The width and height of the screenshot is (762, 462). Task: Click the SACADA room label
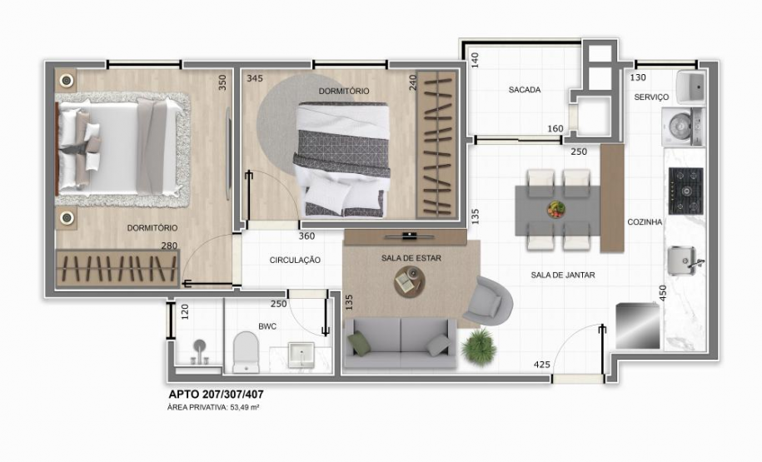tap(525, 90)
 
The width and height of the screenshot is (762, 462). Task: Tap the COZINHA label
tap(645, 222)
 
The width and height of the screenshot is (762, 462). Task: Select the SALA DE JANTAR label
tap(563, 275)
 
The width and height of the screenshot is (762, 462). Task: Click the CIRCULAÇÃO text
tap(295, 261)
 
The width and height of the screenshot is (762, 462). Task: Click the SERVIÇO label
tap(651, 97)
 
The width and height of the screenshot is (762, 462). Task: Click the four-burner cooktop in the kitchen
tap(687, 191)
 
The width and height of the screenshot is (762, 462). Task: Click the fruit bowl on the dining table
tap(555, 209)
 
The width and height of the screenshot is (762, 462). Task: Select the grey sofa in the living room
tap(400, 344)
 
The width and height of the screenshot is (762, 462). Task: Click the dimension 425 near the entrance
tap(542, 364)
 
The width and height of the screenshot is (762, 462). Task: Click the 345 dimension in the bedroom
tap(255, 79)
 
